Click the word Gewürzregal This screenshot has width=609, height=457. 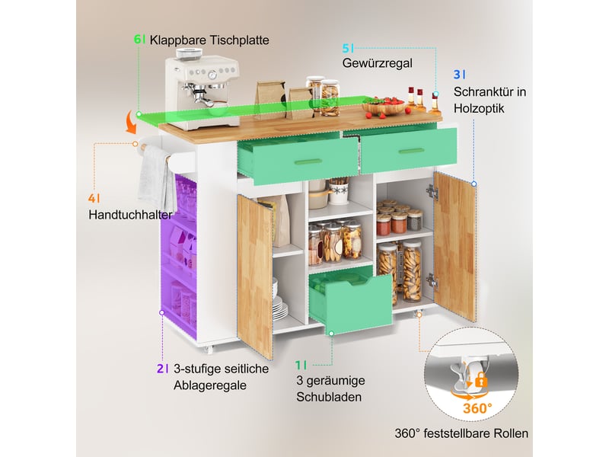[x=377, y=63]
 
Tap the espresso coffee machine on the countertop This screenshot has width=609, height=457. [x=202, y=90]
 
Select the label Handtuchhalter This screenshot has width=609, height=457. [x=130, y=215]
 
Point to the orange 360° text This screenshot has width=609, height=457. [x=477, y=408]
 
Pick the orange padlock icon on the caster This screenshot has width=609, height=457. [x=481, y=379]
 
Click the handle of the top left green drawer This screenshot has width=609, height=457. [x=308, y=161]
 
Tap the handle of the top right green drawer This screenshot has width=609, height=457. [x=411, y=151]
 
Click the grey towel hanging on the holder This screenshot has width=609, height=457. [x=156, y=178]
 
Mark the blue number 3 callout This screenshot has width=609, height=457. [x=459, y=74]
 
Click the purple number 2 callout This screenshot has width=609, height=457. [x=163, y=369]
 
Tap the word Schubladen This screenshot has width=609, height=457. [x=329, y=397]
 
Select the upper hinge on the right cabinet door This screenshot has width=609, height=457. [x=432, y=191]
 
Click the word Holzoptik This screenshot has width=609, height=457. [x=479, y=108]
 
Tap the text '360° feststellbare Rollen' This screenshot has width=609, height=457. [x=461, y=433]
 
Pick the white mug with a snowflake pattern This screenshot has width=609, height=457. [x=339, y=193]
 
